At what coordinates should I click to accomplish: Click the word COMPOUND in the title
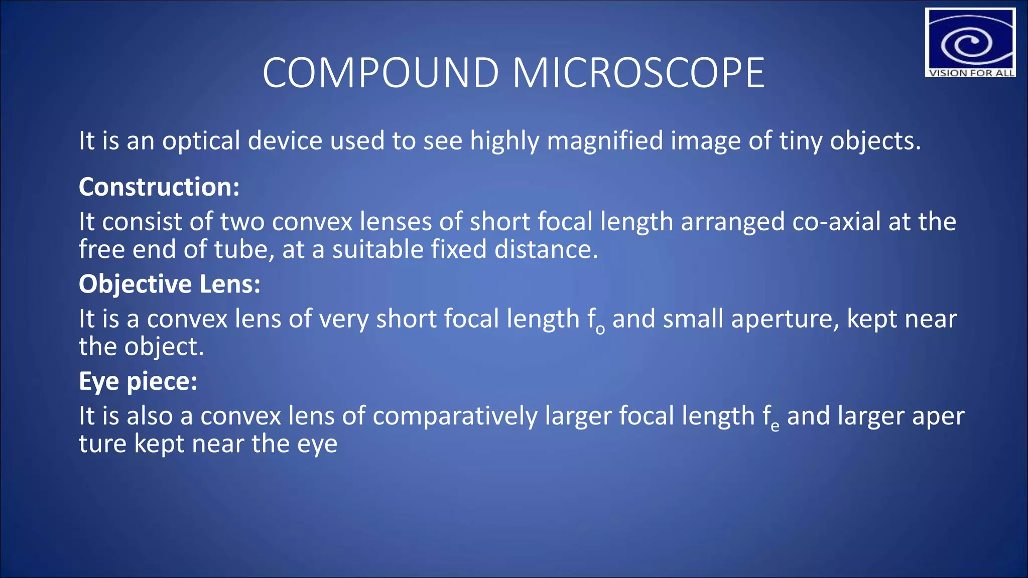point(380,73)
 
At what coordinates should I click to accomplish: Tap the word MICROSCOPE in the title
point(638,73)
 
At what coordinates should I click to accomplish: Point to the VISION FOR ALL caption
point(971,73)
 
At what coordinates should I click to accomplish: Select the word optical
point(201,141)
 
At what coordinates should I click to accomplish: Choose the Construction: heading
point(159,187)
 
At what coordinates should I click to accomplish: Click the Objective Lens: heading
point(170,284)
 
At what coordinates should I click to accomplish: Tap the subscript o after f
point(600,330)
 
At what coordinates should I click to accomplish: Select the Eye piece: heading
point(138,381)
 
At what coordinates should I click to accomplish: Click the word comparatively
point(455,416)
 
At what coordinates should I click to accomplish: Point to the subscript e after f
point(775,427)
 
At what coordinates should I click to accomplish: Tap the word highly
point(504,141)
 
